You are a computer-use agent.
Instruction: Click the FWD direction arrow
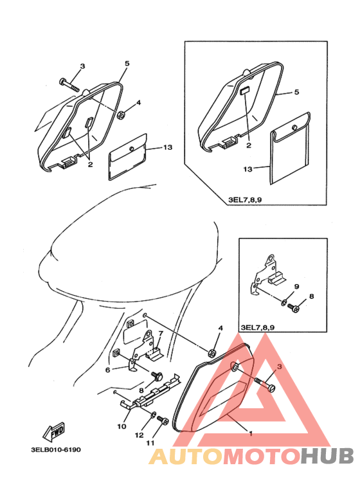click(54, 431)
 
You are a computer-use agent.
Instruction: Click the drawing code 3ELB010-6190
click(56, 449)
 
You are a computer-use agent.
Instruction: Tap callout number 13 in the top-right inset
click(248, 169)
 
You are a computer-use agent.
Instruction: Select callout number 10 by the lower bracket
click(122, 426)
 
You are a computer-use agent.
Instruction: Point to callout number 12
click(139, 435)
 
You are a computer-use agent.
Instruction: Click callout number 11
click(150, 442)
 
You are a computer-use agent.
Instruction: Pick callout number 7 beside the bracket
click(161, 334)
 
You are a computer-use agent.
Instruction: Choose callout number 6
click(108, 370)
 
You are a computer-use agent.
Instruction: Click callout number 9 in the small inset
click(296, 287)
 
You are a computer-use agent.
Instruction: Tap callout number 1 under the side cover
click(251, 433)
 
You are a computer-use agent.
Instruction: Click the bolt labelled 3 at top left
click(69, 83)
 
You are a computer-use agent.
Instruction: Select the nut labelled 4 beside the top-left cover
click(120, 114)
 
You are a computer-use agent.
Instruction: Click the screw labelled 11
click(164, 421)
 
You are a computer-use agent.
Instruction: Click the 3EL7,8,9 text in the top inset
click(245, 200)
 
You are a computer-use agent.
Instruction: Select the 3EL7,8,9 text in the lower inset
click(257, 327)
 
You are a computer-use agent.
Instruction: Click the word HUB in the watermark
click(327, 456)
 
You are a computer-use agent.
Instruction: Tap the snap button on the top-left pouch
click(131, 149)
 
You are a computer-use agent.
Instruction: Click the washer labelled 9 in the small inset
click(283, 302)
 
